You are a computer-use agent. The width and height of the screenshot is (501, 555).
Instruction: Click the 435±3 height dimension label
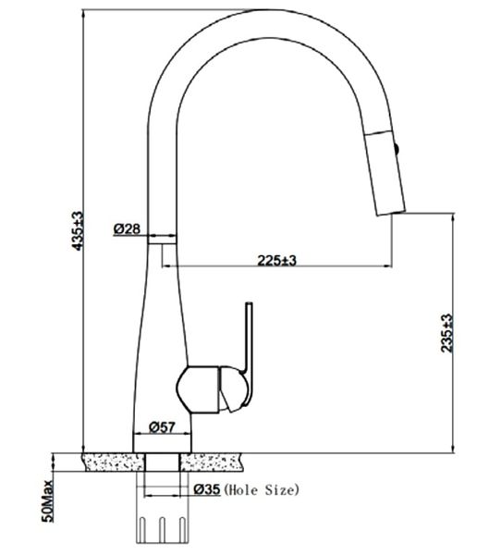(78, 231)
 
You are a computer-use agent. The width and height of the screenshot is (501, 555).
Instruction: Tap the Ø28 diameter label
(127, 228)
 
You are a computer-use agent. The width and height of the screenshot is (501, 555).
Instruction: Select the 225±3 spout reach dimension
(276, 261)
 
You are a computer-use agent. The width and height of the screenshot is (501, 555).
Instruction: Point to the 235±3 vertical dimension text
(446, 333)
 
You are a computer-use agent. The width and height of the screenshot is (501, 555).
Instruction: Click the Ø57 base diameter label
(162, 427)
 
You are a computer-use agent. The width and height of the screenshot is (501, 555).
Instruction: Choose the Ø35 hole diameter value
(207, 489)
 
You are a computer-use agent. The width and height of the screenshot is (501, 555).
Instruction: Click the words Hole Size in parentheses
(262, 490)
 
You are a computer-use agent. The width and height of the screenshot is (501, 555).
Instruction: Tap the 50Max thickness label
(48, 500)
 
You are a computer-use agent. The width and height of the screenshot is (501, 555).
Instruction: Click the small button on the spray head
(397, 148)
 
